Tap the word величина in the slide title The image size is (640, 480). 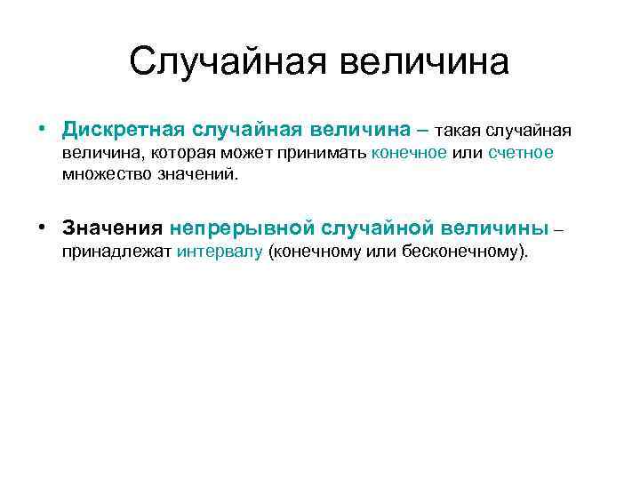point(423,62)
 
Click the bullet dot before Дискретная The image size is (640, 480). point(43,130)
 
